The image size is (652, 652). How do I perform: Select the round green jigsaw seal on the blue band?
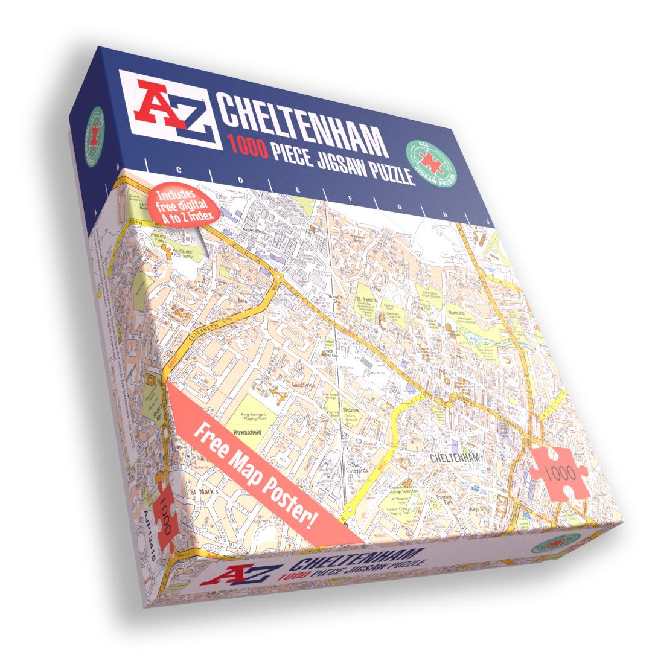click(x=432, y=161)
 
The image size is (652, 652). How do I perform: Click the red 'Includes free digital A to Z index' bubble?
click(x=176, y=207)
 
